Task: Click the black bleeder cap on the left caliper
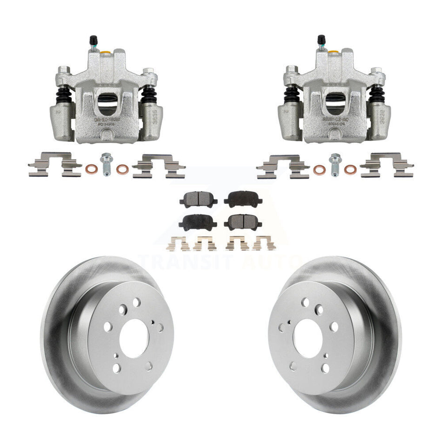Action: coord(93,39)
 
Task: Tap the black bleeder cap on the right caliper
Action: coord(321,39)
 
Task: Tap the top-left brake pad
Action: coord(194,200)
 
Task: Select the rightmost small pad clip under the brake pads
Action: coord(264,243)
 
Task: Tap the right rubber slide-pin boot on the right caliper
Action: coord(377,95)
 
